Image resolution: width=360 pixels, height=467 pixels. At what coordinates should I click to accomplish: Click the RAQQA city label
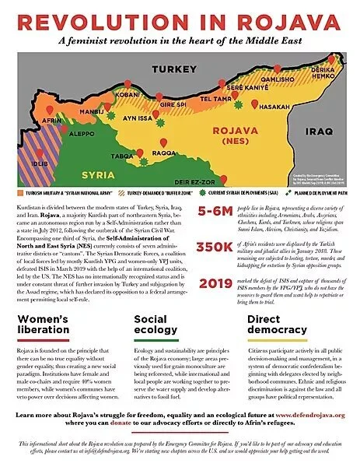click(x=163, y=153)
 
